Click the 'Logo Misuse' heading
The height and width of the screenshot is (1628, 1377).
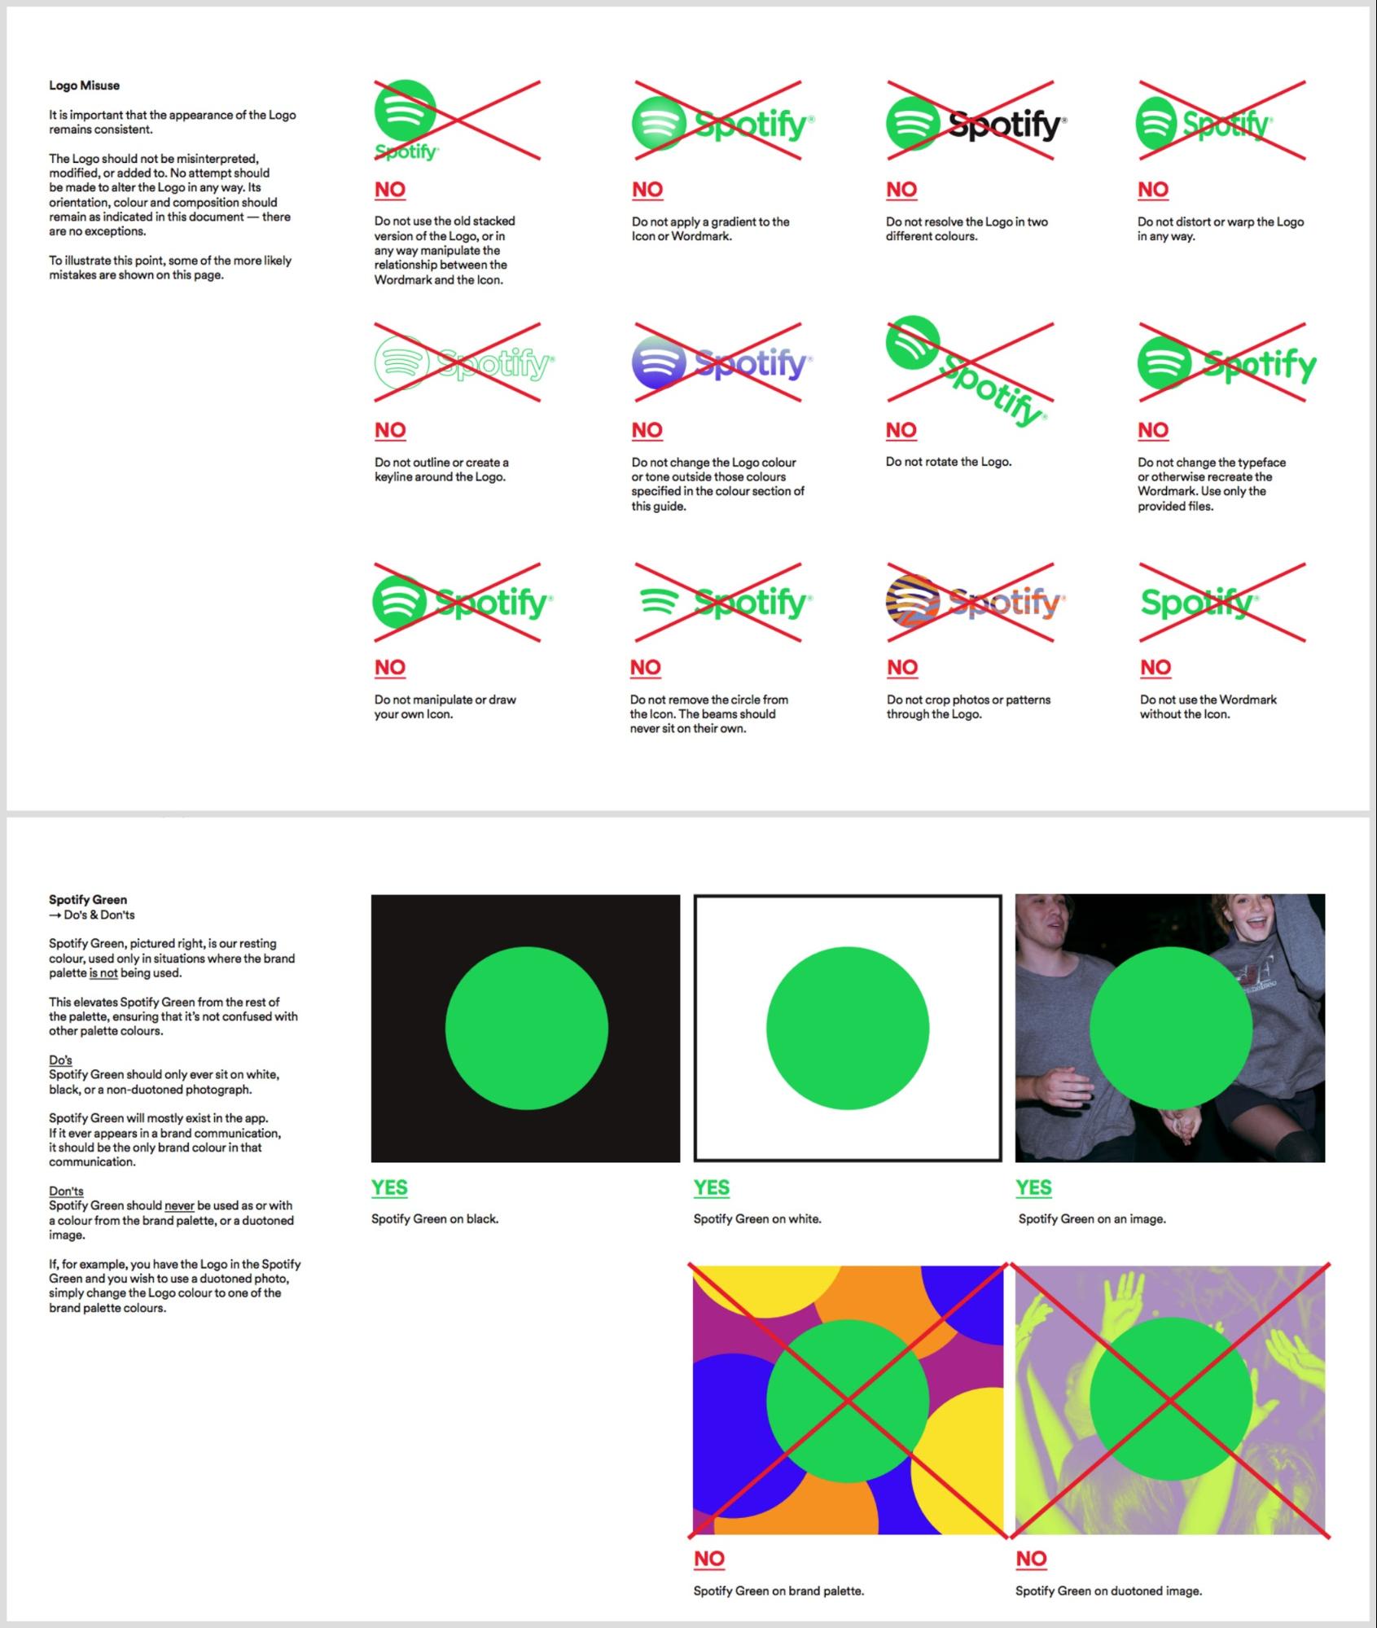click(x=84, y=86)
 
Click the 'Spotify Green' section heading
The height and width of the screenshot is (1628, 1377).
click(x=88, y=900)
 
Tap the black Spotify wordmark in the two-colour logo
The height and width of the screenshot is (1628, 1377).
click(x=1007, y=125)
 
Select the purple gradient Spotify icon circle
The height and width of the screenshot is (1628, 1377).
click(x=659, y=362)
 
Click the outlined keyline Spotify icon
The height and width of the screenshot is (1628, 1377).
click(x=401, y=362)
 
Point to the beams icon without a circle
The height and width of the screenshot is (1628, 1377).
click(x=659, y=602)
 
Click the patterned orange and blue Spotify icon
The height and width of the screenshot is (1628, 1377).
click(x=913, y=602)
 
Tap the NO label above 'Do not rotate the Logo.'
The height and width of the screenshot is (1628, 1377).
click(x=901, y=430)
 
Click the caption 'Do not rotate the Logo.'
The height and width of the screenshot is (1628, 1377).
click(x=949, y=462)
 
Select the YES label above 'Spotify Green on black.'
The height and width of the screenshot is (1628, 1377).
click(x=389, y=1188)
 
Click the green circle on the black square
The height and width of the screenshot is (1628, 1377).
click(x=526, y=1028)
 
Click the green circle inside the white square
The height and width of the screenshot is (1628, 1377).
click(x=848, y=1028)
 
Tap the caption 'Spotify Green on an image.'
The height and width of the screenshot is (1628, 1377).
click(x=1092, y=1219)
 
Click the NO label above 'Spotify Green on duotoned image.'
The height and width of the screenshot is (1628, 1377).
click(x=1031, y=1559)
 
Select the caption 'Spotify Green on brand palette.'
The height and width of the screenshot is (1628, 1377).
click(x=778, y=1591)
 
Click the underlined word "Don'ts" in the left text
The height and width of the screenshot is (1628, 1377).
click(x=66, y=1191)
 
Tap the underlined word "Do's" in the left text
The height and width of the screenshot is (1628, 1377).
click(x=60, y=1060)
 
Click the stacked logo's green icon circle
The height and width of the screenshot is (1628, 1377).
click(x=405, y=110)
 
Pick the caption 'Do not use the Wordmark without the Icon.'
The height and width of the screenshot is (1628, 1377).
click(x=1208, y=707)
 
